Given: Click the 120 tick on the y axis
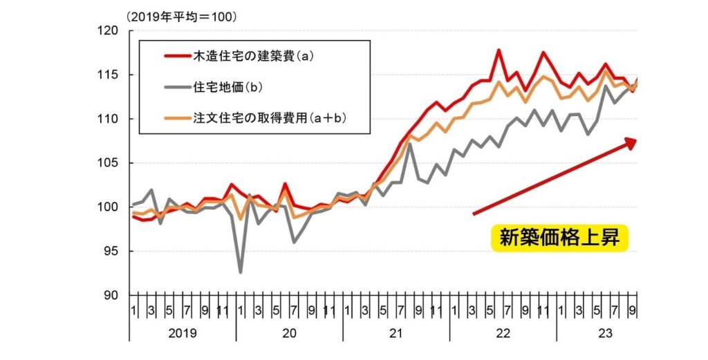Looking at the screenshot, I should coord(109,30).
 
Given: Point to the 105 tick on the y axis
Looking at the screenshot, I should coord(109,163).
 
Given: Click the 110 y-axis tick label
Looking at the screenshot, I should coord(109,119).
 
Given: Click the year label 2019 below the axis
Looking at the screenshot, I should coord(182,333).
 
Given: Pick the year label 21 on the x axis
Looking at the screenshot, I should coord(395,333).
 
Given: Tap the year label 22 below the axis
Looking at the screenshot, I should coord(503,333).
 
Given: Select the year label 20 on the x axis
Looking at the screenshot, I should coord(289,333).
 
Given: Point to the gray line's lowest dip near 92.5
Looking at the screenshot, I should coord(241,272).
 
